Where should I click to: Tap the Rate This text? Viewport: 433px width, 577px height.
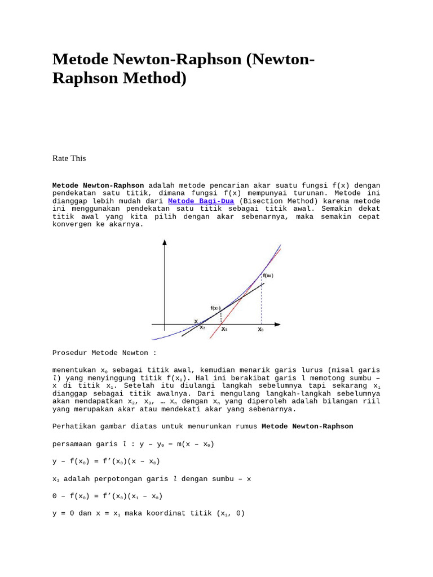pos(69,158)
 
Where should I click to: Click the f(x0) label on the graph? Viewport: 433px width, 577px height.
pos(268,276)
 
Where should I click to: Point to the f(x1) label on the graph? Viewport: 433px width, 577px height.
pos(216,308)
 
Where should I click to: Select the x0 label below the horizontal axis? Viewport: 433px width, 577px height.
pos(260,330)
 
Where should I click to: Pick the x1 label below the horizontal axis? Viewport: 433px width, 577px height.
pos(224,329)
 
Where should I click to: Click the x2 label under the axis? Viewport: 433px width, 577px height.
pos(202,327)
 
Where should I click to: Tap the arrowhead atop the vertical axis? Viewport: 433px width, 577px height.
pos(164,243)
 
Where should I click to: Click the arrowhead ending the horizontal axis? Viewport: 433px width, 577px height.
pos(277,325)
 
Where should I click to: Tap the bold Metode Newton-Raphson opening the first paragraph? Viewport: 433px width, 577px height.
pos(98,185)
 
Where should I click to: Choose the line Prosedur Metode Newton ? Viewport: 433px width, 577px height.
pos(104,353)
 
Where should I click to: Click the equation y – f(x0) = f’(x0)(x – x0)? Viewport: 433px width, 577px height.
pos(106,461)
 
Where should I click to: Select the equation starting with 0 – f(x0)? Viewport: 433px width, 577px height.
pos(108,496)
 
